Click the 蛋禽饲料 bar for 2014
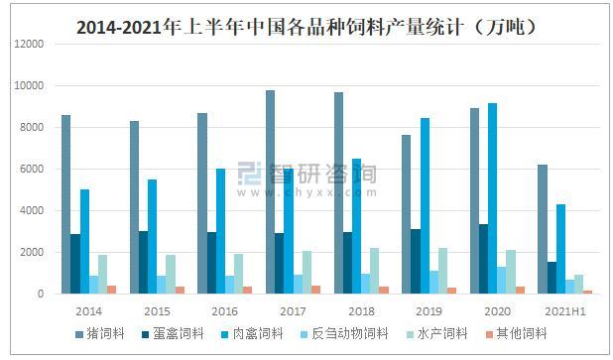(75, 264)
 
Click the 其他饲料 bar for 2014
(111, 290)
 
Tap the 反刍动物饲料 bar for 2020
(502, 280)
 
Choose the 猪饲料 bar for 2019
(406, 214)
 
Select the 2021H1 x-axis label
(561, 309)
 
